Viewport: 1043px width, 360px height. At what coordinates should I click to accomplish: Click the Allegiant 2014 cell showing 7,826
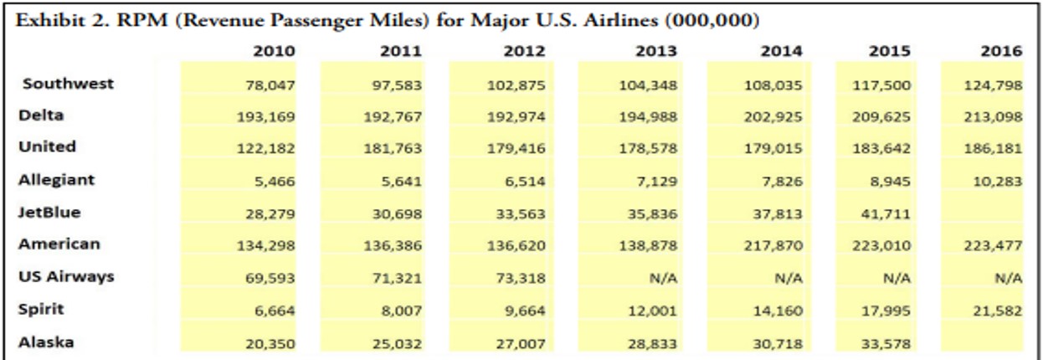[784, 181]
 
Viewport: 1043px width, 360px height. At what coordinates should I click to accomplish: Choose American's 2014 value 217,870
[774, 245]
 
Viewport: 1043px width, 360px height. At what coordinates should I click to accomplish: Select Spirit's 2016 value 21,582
[997, 310]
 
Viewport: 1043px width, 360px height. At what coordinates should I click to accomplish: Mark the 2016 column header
[1002, 51]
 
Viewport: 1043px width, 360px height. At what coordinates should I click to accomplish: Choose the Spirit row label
[41, 308]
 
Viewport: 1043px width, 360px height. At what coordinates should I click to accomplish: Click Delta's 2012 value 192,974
[524, 117]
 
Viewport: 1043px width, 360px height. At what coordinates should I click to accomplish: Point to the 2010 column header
[274, 51]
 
